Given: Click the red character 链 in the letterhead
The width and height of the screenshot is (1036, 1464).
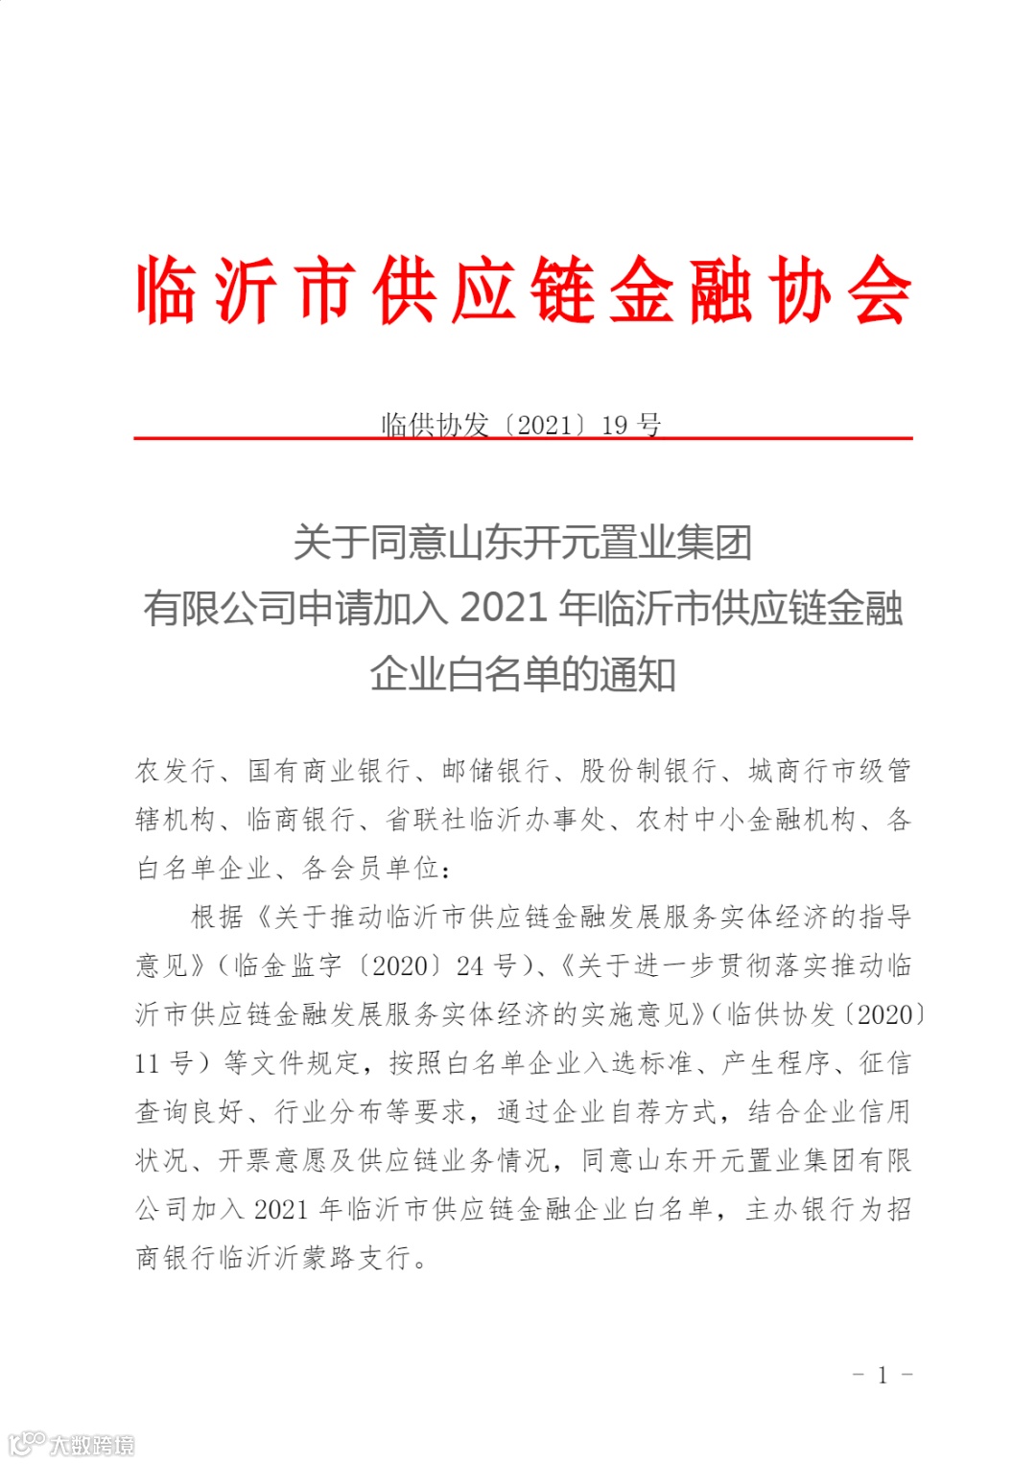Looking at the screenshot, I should coord(563,290).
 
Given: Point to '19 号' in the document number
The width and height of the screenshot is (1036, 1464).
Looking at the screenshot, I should coord(631,424).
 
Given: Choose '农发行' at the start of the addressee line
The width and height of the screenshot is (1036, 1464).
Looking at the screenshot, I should coord(176,770).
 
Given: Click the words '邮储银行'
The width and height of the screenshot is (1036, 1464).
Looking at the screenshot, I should coord(496,770).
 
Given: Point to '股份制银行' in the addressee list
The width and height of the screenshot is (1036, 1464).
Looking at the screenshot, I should coord(649,770).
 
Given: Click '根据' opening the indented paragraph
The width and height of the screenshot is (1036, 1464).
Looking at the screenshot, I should coord(217,917).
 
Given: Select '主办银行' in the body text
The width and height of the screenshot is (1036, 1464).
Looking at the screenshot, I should coord(799,1209).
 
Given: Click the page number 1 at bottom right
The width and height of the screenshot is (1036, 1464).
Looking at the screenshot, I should coord(883,1375).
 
